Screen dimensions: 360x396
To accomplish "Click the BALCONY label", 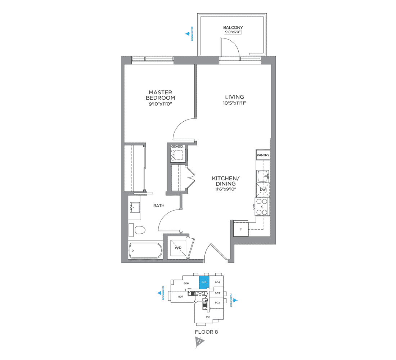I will pos(233,27).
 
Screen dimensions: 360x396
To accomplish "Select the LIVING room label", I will pos(234,97).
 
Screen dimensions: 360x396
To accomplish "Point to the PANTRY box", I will pos(263,156).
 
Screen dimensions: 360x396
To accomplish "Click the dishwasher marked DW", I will pos(263,189).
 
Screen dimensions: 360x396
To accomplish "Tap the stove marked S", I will pos(262,207).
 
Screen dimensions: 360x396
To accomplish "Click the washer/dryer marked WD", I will pos(178,248).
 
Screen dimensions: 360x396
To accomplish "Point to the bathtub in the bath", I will pos(146,250).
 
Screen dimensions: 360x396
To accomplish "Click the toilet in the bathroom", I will pos(139,230).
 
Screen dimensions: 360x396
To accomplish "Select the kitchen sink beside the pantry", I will pos(262,176).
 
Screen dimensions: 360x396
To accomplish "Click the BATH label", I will pos(159,206).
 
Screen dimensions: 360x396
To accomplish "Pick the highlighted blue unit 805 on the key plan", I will pos(204,283).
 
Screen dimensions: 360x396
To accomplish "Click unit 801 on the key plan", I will pos(208,316).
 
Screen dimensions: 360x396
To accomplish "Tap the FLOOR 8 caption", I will pos(206,332).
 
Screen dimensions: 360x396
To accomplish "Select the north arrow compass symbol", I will pos(198,342).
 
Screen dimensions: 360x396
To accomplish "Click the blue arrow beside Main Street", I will pos(236,299).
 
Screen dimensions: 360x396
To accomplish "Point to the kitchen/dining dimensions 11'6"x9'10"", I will pos(225,189).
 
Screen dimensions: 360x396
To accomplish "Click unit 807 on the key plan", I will pos(181,296).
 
